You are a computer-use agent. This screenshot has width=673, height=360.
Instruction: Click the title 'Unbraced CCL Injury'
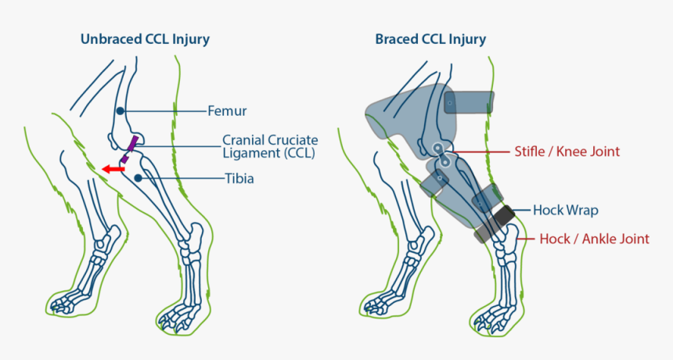tap(145, 39)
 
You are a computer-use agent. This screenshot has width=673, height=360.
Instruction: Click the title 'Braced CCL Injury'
tap(430, 39)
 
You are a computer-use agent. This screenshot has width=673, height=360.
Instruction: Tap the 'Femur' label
tap(226, 111)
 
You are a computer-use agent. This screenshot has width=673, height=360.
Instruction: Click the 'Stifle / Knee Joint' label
tap(567, 151)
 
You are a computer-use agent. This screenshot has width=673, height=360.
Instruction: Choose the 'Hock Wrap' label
tap(565, 210)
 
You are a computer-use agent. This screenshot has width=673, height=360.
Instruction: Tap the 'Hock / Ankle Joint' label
tap(594, 239)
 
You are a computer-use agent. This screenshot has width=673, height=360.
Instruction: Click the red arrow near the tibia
tap(114, 167)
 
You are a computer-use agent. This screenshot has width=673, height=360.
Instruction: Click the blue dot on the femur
tap(120, 111)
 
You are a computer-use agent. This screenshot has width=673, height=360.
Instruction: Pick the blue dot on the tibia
tap(138, 178)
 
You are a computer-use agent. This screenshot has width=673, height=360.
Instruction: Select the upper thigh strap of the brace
tap(469, 103)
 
